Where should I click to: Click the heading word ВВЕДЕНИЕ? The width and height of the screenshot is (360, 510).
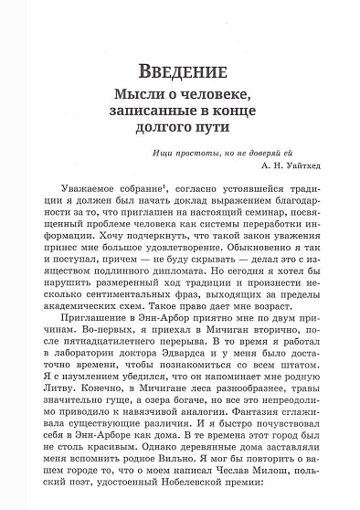click(x=179, y=72)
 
